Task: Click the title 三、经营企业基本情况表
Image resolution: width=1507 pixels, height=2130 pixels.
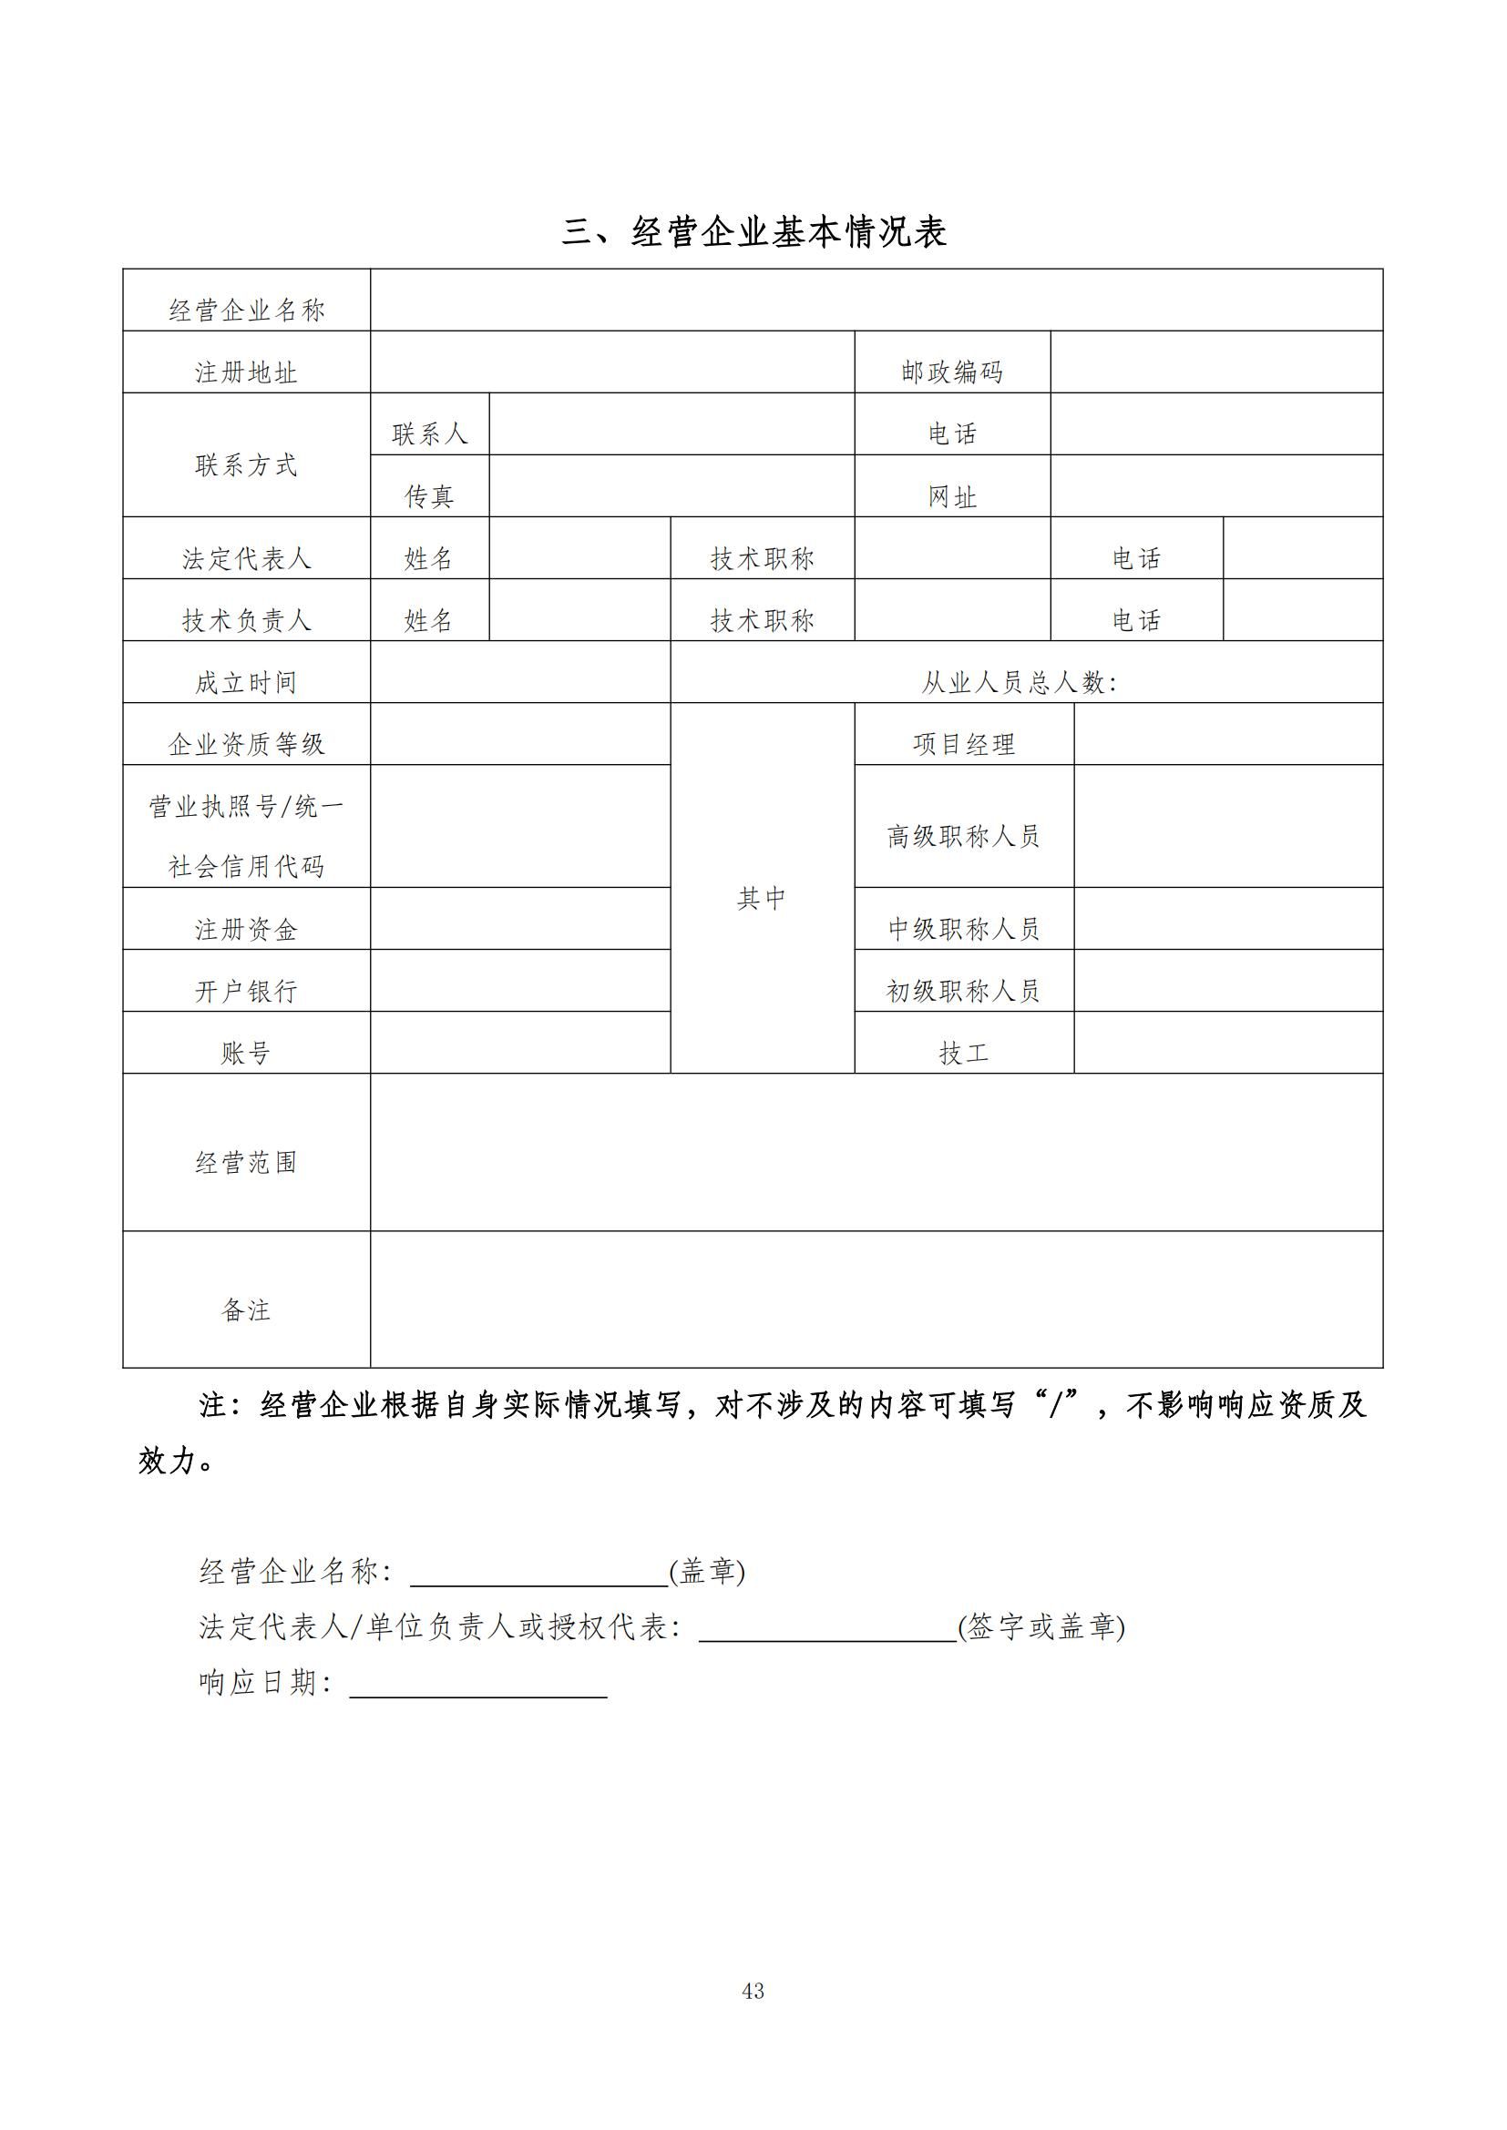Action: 753,232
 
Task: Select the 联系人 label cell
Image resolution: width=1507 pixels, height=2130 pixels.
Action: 429,433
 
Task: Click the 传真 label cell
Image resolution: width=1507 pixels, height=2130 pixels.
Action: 429,496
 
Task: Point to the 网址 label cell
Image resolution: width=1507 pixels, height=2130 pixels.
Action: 952,496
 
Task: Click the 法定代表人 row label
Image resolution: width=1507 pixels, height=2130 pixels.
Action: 246,558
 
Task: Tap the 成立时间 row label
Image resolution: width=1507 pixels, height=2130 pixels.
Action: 246,682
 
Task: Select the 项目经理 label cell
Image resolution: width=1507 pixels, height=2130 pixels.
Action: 963,744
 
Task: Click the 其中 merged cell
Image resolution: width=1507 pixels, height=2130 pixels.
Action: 762,897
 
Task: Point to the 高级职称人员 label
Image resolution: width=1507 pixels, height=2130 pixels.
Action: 963,836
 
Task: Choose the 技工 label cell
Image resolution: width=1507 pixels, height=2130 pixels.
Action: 963,1052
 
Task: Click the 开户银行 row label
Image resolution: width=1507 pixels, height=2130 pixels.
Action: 246,991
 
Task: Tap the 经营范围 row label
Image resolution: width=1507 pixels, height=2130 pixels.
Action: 246,1161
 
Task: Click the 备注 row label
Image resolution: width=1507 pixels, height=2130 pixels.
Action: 246,1309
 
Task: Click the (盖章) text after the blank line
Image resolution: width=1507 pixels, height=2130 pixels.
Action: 707,1571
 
